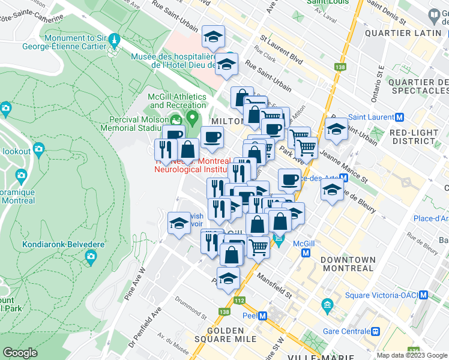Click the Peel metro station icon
point(262,316)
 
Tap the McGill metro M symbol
point(306,254)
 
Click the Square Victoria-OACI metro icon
point(423,295)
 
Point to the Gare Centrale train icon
point(375,331)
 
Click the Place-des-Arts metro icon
point(344,178)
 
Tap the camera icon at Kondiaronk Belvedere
point(91,257)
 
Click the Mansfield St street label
point(274,278)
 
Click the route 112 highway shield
point(241,300)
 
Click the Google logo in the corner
point(20,353)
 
